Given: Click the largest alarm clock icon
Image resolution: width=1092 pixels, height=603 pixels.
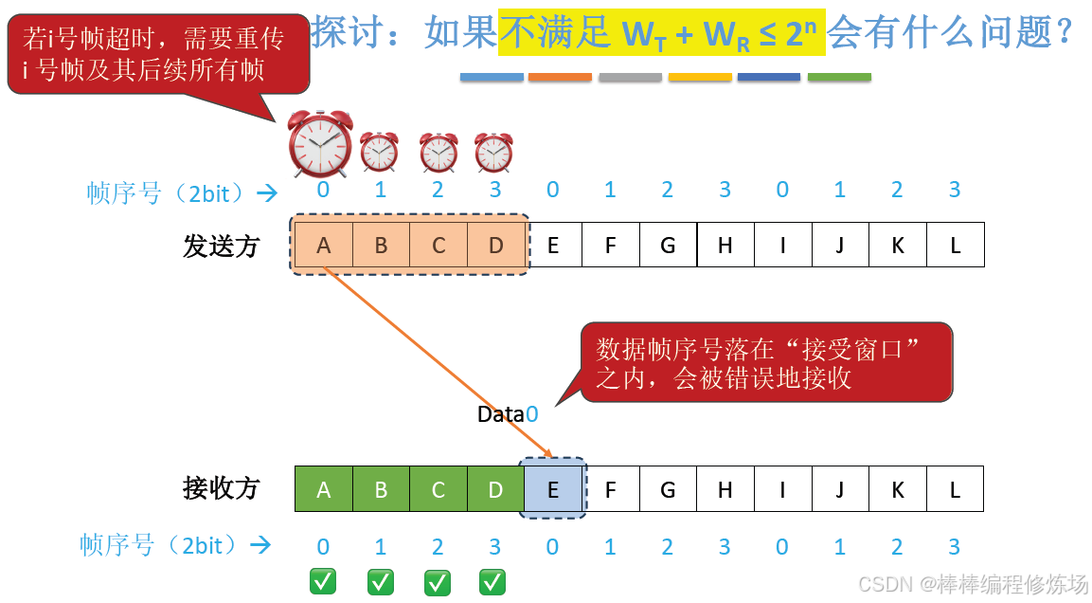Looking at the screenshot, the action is (x=320, y=144).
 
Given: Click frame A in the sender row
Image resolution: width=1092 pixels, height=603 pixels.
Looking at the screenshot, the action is (x=324, y=247).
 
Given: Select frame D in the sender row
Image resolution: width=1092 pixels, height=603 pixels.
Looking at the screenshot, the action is (x=495, y=247).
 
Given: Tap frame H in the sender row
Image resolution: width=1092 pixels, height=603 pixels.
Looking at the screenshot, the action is (x=725, y=246).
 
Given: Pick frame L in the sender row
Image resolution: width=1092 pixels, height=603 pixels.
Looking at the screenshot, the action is (x=955, y=246).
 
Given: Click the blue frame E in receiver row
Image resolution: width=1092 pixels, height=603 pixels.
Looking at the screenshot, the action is (x=553, y=490).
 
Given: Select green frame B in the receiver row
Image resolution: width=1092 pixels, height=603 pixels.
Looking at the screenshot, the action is (x=381, y=489).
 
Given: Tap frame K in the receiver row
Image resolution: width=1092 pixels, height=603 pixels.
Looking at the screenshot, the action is (x=897, y=489).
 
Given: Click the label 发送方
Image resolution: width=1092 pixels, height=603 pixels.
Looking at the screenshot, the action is (x=221, y=247).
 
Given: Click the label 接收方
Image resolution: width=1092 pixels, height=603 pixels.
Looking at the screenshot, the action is (x=221, y=489).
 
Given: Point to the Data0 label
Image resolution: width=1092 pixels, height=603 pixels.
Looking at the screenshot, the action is (x=508, y=414).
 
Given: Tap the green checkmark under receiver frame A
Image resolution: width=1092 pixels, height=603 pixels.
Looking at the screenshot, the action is (x=323, y=581).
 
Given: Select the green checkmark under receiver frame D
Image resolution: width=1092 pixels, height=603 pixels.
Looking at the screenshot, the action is (x=492, y=581).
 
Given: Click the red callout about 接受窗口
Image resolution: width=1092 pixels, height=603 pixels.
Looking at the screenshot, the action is (x=765, y=363).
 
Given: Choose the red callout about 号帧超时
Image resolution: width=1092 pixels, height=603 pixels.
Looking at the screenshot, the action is (x=158, y=54).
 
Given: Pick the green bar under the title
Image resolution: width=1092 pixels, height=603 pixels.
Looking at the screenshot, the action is (x=839, y=77).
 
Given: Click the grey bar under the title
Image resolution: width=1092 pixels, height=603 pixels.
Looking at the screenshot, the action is (x=630, y=77).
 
